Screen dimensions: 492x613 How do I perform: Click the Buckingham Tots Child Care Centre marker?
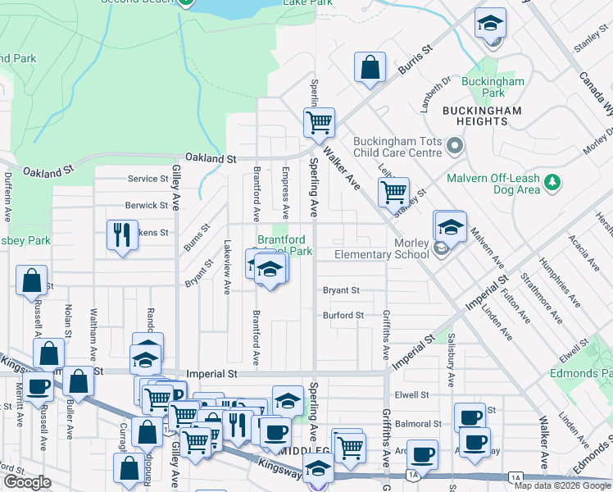(x=456, y=147)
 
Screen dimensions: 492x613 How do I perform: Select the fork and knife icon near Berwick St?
(x=122, y=235)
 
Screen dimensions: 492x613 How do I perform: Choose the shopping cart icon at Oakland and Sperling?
(x=318, y=123)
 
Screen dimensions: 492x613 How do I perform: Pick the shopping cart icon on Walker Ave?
(x=393, y=193)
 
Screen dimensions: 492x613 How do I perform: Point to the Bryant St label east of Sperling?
(x=341, y=290)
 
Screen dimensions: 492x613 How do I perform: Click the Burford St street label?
(x=343, y=315)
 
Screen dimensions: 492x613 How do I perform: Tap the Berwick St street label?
(x=147, y=205)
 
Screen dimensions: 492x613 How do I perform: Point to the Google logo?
(x=27, y=482)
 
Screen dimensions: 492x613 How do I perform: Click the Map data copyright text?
(x=562, y=485)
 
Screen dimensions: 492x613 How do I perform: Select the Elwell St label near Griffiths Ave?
(x=411, y=394)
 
